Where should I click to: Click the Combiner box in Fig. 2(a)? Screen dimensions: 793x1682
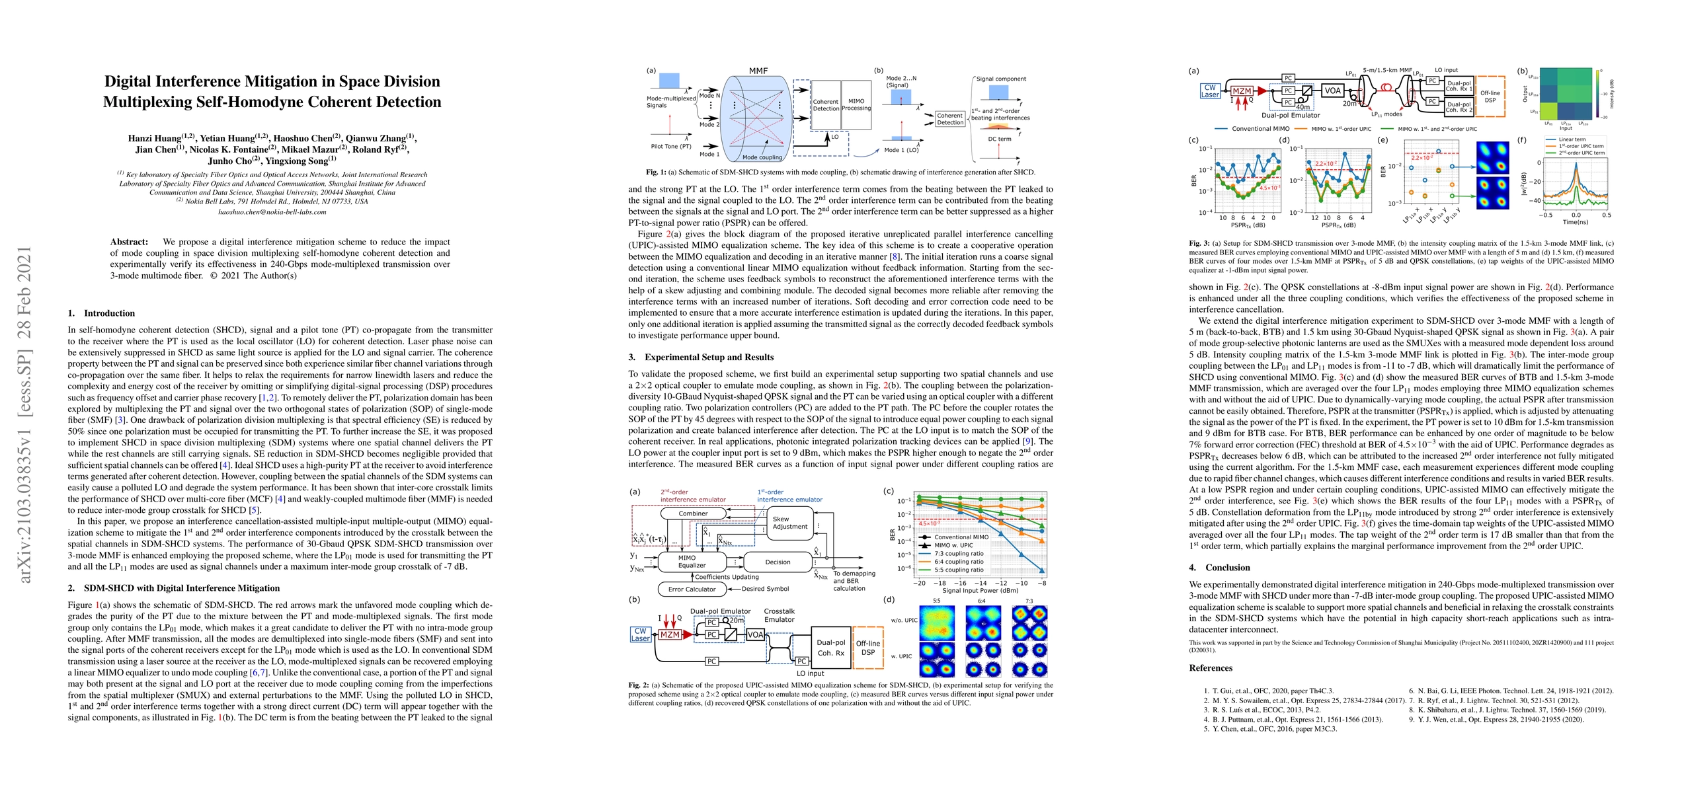[693, 513]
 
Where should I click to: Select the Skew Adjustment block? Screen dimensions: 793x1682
[789, 523]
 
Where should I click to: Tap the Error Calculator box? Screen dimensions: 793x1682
[692, 589]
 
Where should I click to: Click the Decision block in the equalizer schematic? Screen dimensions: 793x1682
[778, 562]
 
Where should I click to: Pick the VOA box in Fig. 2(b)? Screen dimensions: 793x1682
[755, 634]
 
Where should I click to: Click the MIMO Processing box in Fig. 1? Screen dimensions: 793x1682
[856, 105]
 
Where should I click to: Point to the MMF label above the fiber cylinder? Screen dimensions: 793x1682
[758, 71]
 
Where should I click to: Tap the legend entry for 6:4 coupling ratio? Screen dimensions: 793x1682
[959, 562]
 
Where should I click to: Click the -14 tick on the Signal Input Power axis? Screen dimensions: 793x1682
[981, 584]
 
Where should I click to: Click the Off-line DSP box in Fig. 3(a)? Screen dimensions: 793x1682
[1490, 96]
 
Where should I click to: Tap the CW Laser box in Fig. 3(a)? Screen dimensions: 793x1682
[1210, 91]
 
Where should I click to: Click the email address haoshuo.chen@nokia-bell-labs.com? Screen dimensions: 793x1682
[272, 212]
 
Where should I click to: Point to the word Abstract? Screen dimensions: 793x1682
[129, 242]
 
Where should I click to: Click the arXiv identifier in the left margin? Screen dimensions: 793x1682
[24, 414]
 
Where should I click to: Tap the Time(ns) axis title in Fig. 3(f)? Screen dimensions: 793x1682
[1576, 223]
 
